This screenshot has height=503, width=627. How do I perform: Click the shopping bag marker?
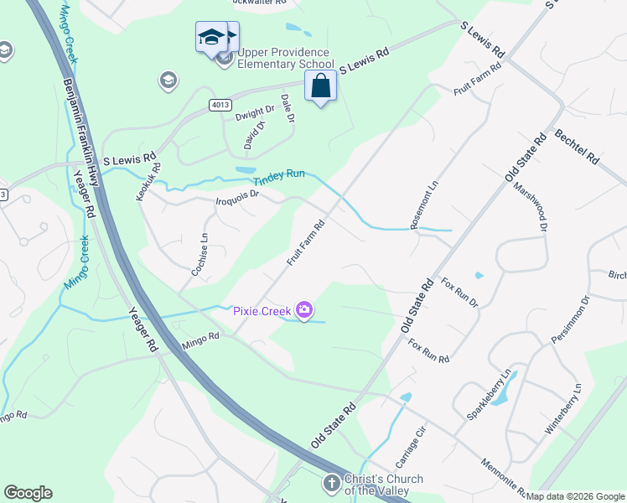point(320,86)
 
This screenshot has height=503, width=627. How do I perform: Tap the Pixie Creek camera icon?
point(304,311)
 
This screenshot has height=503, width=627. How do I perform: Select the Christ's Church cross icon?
point(332,483)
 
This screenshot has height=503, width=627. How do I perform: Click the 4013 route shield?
point(220,103)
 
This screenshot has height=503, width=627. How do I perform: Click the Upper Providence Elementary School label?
point(286,59)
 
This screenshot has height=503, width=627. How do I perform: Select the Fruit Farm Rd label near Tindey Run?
point(305,243)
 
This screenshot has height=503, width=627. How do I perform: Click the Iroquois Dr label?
point(239,200)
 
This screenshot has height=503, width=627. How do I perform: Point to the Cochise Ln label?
point(199,254)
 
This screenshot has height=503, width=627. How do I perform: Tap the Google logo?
point(28,493)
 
